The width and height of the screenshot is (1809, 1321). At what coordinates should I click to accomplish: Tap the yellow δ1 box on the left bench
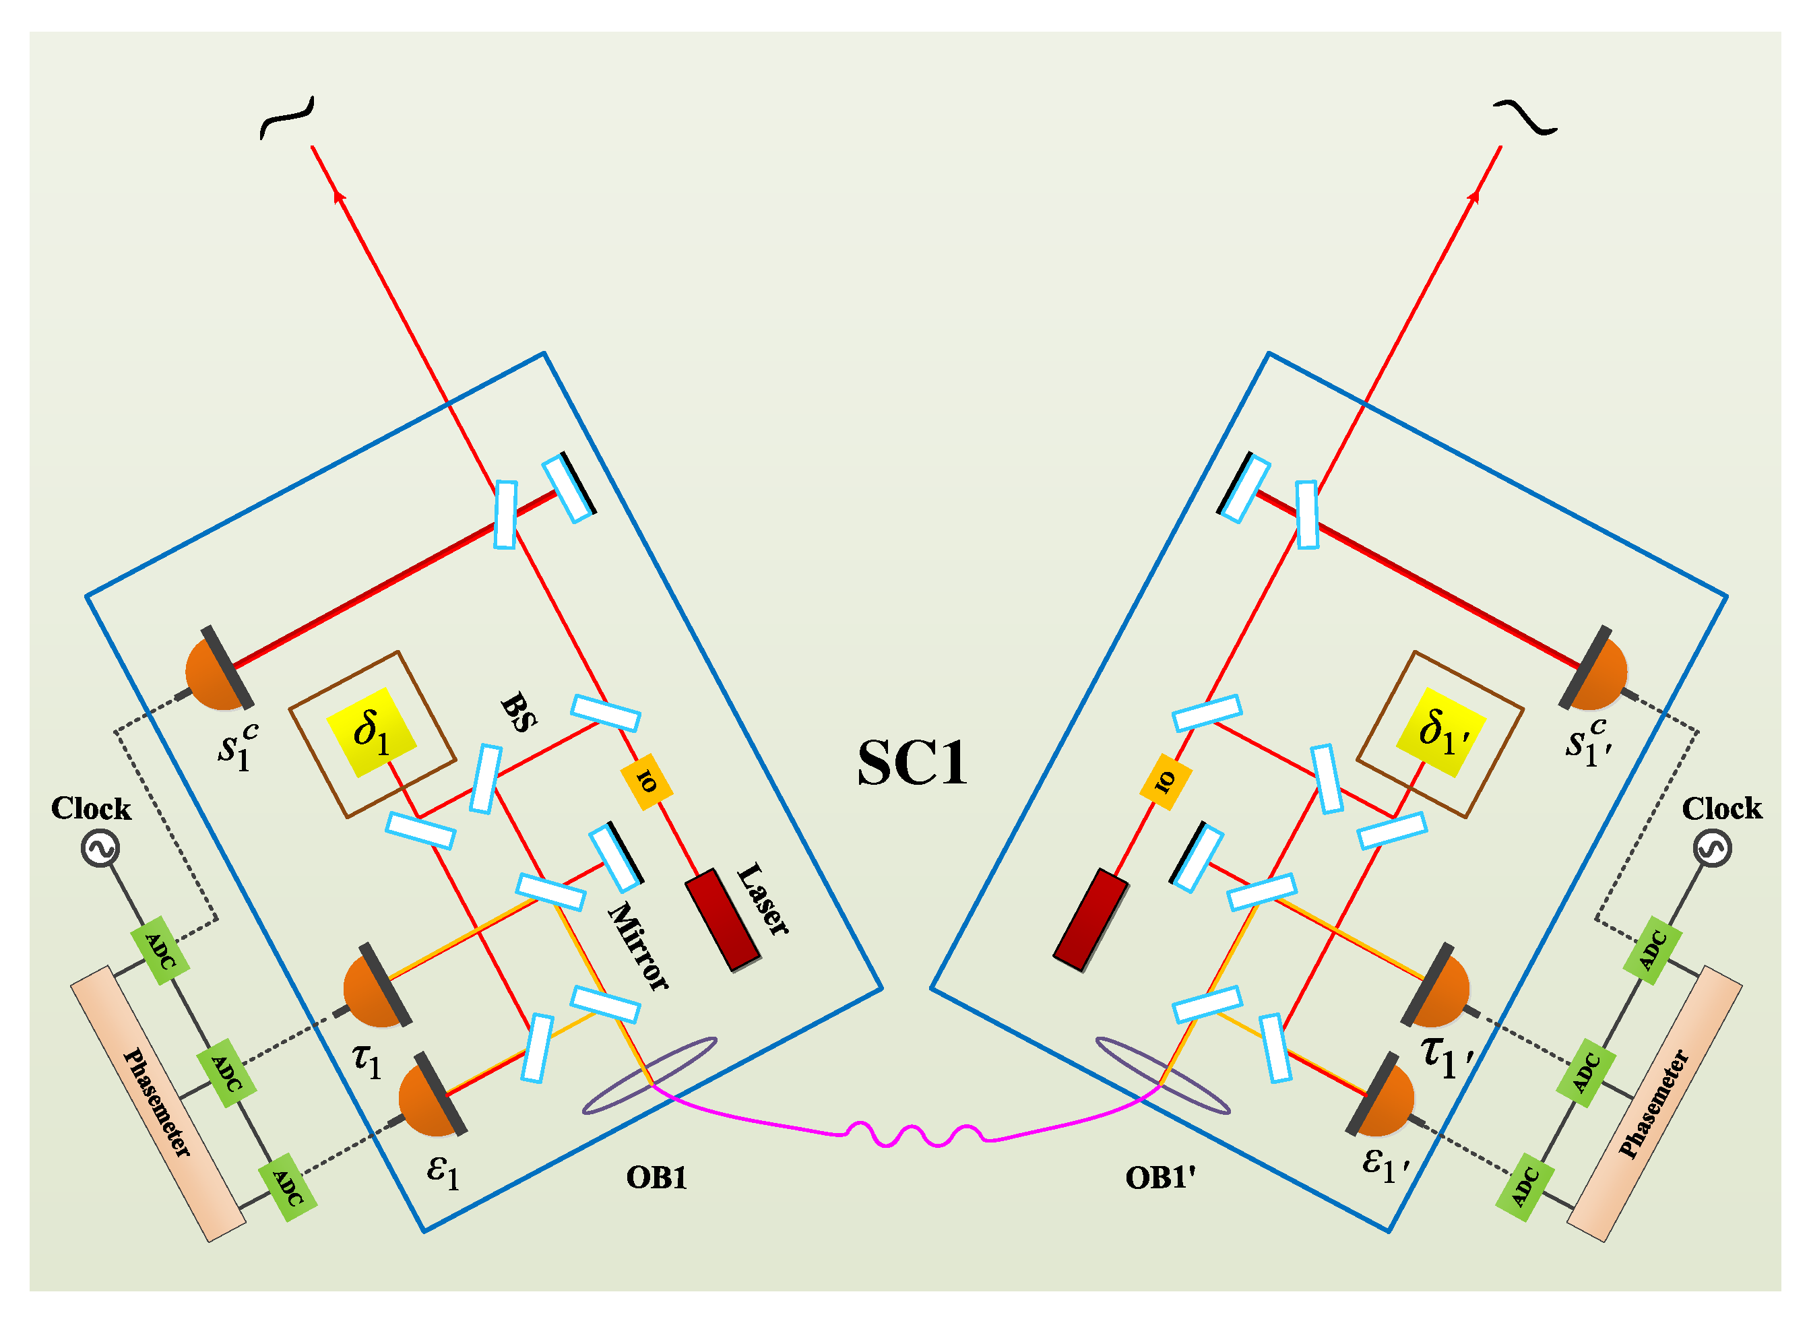pyautogui.click(x=371, y=732)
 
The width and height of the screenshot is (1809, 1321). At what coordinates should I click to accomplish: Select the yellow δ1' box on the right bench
pyautogui.click(x=1440, y=732)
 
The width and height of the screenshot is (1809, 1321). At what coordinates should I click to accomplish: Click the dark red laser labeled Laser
pyautogui.click(x=722, y=920)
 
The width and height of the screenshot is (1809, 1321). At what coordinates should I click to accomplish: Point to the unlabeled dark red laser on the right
pyautogui.click(x=1090, y=920)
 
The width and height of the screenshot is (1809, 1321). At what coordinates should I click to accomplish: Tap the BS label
pyautogui.click(x=518, y=713)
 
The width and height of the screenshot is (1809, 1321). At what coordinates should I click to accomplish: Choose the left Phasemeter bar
pyautogui.click(x=158, y=1103)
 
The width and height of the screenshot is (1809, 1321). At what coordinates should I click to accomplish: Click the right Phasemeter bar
pyautogui.click(x=1653, y=1103)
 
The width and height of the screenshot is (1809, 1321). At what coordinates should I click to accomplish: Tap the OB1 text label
pyautogui.click(x=656, y=1178)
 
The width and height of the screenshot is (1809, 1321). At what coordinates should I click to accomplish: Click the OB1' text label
pyautogui.click(x=1160, y=1178)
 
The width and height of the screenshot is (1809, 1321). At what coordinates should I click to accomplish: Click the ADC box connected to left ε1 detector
pyautogui.click(x=287, y=1188)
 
